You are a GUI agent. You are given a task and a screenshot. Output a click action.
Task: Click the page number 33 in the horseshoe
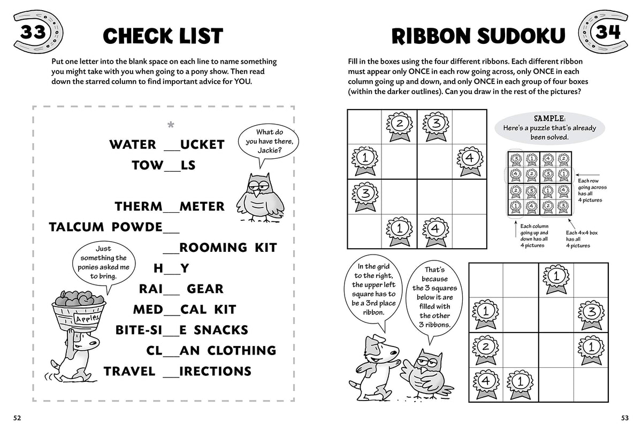[33, 33]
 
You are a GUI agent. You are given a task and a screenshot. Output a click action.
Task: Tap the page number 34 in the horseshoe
[608, 32]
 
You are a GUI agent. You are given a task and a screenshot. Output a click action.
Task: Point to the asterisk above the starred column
[171, 126]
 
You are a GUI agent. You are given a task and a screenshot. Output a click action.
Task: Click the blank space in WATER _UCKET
[171, 145]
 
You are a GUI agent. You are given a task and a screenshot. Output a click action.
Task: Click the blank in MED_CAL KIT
[171, 310]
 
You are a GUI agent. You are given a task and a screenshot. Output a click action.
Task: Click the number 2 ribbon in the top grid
[399, 126]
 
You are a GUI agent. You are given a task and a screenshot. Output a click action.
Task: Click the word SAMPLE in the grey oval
[549, 118]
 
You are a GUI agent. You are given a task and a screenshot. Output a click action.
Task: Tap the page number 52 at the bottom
[17, 418]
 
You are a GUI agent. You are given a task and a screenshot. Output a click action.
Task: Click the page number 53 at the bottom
[624, 418]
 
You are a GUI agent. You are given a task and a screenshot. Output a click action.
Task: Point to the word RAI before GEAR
[151, 289]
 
